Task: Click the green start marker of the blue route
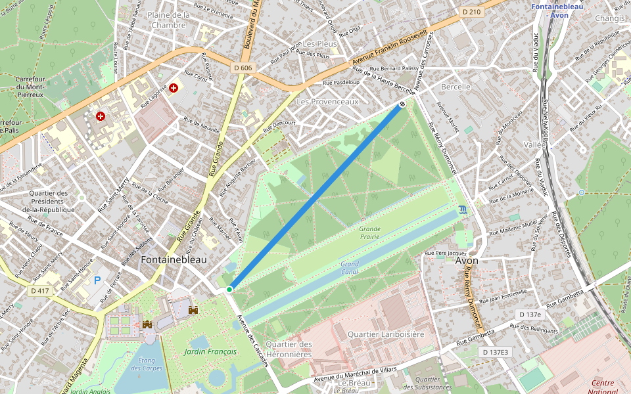(229, 289)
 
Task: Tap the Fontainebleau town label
(174, 260)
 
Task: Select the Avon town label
(467, 261)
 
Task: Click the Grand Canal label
(350, 268)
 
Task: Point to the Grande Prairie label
(369, 232)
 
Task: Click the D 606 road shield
(243, 68)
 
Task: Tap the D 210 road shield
(471, 12)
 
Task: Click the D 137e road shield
(530, 315)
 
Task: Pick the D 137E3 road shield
(495, 352)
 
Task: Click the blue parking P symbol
(97, 280)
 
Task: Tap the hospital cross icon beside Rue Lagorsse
(174, 87)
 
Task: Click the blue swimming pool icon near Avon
(463, 209)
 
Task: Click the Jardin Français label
(210, 352)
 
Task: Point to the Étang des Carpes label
(146, 363)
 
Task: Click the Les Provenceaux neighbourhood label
(327, 102)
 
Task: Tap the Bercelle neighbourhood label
(456, 87)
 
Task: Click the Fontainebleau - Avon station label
(558, 11)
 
